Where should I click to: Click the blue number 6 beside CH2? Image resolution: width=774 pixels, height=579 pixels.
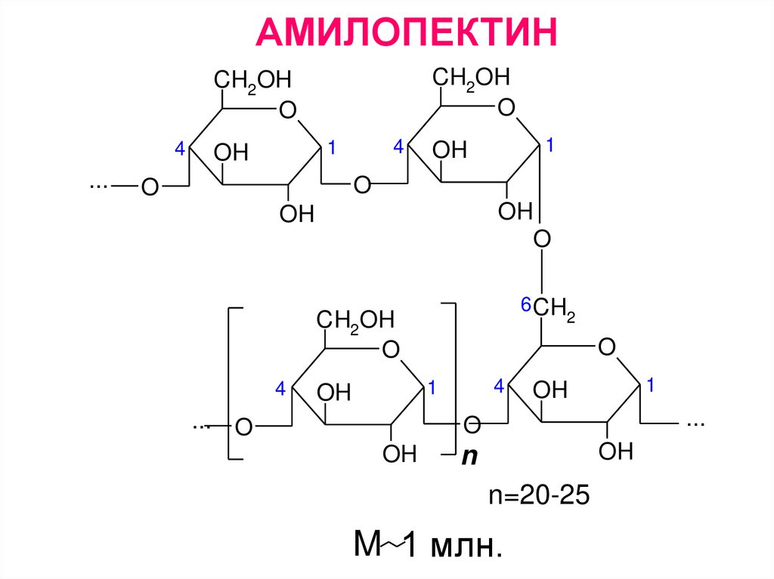525,306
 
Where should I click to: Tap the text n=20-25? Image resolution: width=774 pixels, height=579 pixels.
536,496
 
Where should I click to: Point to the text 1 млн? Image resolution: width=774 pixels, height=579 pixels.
453,545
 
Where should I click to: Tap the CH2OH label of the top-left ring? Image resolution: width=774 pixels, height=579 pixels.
252,79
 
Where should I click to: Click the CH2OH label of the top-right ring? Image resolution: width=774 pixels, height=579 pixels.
471,77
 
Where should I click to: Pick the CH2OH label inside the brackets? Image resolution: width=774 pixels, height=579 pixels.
355,320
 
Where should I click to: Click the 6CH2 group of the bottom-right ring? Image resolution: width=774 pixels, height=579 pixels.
553,307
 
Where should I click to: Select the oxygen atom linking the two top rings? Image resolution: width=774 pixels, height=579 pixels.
364,185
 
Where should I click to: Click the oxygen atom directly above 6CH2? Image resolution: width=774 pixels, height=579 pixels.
542,239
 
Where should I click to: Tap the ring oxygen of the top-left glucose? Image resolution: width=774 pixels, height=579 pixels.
287,111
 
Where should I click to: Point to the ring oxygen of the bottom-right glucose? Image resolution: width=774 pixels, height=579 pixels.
606,348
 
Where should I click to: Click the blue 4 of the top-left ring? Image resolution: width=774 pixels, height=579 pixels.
179,149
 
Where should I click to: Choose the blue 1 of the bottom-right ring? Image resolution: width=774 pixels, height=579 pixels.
649,386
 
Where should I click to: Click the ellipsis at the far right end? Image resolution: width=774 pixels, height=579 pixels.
695,423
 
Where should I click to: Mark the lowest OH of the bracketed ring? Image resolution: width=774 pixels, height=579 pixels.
399,454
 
